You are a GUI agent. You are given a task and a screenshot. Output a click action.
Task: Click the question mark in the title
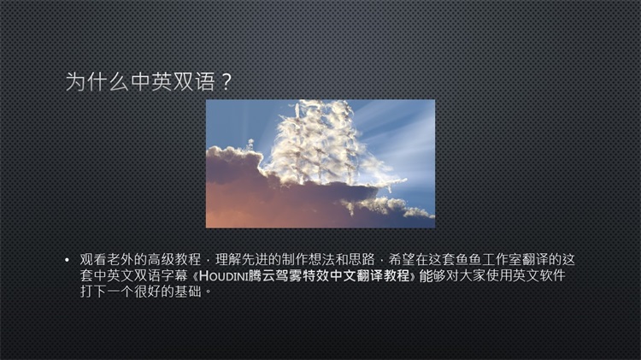coord(226,82)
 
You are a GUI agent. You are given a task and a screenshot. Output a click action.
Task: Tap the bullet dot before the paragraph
coord(67,260)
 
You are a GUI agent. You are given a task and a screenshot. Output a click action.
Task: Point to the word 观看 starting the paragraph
coord(93,259)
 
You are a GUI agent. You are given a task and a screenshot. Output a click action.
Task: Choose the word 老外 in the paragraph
coord(121,259)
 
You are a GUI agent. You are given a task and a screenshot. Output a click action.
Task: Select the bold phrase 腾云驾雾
coord(275,275)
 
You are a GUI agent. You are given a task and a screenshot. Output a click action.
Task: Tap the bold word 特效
coord(315,275)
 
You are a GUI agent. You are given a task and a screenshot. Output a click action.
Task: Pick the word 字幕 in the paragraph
coord(173,275)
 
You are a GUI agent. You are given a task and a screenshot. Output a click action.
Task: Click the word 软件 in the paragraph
coord(553,275)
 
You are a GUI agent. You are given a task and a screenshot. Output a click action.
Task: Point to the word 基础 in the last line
coord(188,292)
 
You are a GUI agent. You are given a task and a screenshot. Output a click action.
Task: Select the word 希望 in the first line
coord(402,259)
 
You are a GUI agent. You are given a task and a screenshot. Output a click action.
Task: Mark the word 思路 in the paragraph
coord(362,259)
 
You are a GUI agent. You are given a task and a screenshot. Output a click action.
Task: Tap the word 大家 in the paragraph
coord(473,275)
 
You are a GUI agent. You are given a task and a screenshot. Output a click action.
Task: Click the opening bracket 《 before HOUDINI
coord(195,275)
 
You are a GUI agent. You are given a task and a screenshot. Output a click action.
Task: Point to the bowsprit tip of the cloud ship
coord(406,180)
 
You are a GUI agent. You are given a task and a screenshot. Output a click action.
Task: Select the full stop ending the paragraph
coord(208,292)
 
